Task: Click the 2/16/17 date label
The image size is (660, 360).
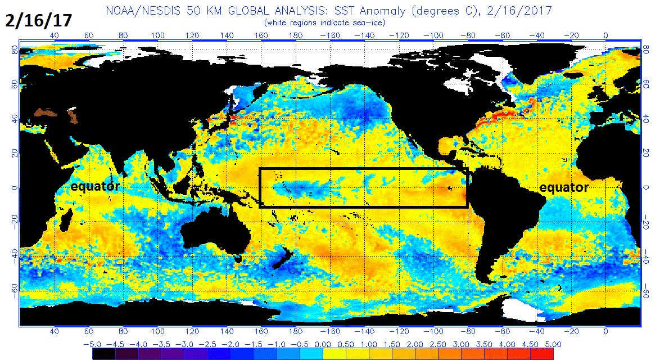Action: tap(39, 20)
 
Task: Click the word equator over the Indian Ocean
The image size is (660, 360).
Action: tap(94, 186)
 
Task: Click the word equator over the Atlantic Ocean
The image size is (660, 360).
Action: tap(564, 187)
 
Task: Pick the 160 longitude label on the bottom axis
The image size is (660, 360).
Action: tap(262, 331)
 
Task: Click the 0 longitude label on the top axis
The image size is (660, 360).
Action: tap(606, 35)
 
